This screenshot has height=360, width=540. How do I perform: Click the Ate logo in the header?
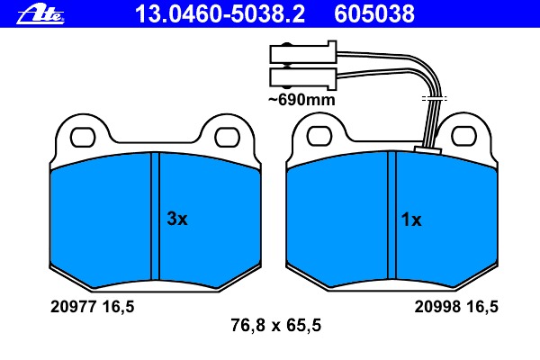pyautogui.click(x=40, y=15)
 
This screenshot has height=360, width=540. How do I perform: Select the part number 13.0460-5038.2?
pyautogui.click(x=220, y=14)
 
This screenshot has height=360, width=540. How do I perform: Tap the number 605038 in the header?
pyautogui.click(x=374, y=14)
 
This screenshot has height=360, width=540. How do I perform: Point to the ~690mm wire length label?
pyautogui.click(x=301, y=100)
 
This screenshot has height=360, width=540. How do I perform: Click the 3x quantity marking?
pyautogui.click(x=177, y=219)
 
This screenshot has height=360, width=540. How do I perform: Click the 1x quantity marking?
pyautogui.click(x=411, y=220)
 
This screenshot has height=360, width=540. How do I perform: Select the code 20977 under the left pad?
pyautogui.click(x=73, y=306)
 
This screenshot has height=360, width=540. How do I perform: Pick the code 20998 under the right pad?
pyautogui.click(x=437, y=306)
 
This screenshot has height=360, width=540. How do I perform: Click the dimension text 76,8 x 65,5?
pyautogui.click(x=276, y=325)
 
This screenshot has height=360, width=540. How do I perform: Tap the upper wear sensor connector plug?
pyautogui.click(x=303, y=53)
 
